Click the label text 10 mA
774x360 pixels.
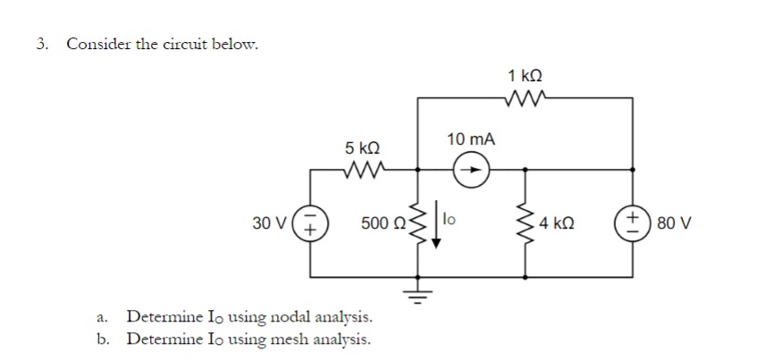[470, 139]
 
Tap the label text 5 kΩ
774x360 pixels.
[363, 146]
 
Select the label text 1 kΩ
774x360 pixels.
[526, 75]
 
